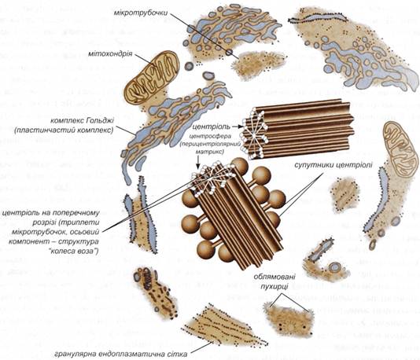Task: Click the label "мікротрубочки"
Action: (x=141, y=13)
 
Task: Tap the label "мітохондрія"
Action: (x=110, y=53)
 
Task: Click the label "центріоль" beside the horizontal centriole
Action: (x=212, y=126)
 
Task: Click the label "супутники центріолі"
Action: (x=333, y=165)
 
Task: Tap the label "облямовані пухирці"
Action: (x=274, y=281)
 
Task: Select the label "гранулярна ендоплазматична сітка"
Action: (x=121, y=354)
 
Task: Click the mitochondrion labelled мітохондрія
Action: (x=151, y=77)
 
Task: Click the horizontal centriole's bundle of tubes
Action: (x=298, y=129)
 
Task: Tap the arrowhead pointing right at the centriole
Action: (x=241, y=126)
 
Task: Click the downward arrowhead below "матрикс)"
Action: (x=197, y=167)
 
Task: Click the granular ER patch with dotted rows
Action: (x=225, y=325)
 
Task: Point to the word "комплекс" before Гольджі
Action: (x=67, y=120)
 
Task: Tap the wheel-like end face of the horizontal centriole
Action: (x=254, y=134)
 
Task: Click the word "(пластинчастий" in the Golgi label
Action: (x=42, y=130)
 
